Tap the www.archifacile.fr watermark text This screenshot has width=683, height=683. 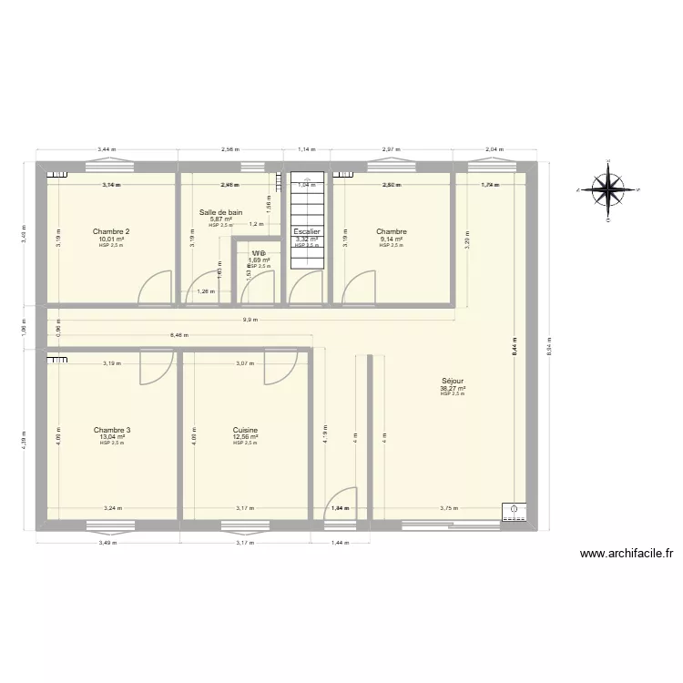click(626, 553)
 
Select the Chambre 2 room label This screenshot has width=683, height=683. click(110, 231)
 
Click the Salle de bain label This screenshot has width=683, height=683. click(221, 212)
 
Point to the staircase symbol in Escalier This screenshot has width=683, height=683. click(307, 219)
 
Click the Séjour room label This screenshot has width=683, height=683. click(452, 382)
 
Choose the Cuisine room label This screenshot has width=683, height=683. click(245, 430)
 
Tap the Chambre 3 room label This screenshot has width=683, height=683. click(112, 430)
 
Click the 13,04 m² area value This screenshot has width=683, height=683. click(112, 437)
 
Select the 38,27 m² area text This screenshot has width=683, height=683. click(452, 388)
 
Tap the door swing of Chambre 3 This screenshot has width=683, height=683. click(156, 368)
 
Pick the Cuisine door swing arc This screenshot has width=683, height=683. click(280, 368)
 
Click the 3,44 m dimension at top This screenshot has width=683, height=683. click(106, 148)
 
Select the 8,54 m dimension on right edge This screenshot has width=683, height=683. click(548, 341)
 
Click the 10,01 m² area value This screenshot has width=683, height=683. click(110, 239)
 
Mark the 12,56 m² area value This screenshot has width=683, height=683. click(245, 437)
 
